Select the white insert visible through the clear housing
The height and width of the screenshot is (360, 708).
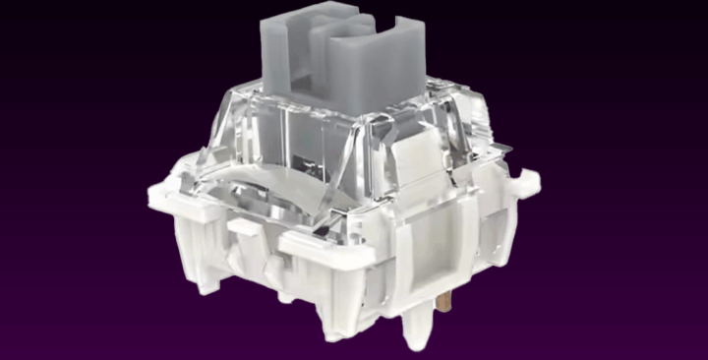click(x=413, y=157)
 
